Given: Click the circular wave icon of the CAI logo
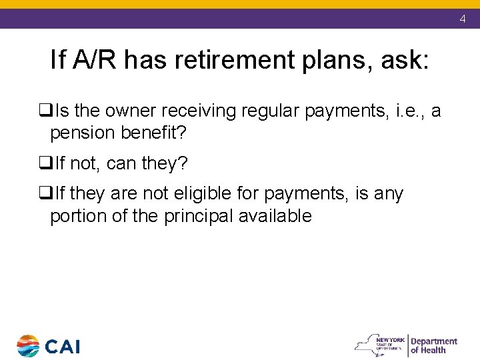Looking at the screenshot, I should (x=28, y=346).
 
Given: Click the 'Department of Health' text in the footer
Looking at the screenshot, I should (x=433, y=345).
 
